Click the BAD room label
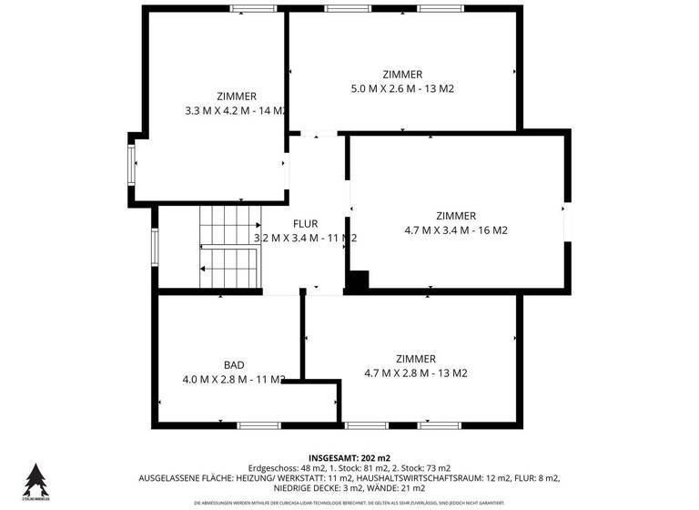(x=234, y=364)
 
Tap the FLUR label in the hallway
(x=305, y=223)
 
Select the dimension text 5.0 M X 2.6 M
(x=382, y=89)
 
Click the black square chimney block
(x=357, y=282)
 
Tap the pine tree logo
(x=35, y=478)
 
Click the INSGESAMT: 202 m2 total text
(x=349, y=457)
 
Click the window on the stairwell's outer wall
(x=155, y=245)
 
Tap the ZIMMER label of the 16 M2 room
(x=456, y=216)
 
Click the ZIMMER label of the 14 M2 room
(x=237, y=96)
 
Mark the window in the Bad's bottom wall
(x=259, y=424)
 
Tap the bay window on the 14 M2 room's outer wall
(x=133, y=165)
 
